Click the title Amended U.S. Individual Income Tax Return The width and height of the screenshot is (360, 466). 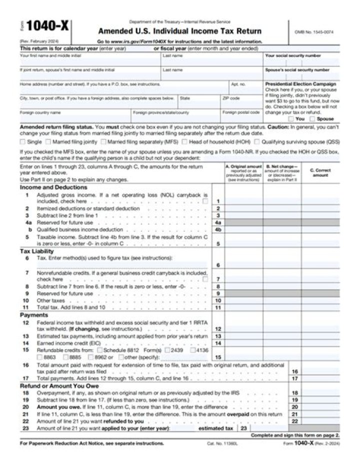tap(179, 31)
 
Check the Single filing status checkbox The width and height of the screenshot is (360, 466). tap(23, 142)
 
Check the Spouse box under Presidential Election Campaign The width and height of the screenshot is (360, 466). tap(312, 119)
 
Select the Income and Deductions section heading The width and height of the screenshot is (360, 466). tap(46, 187)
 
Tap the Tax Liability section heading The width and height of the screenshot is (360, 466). tap(36, 251)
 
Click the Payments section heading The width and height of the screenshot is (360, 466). tap(33, 315)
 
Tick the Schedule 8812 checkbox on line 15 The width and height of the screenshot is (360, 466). tap(99, 350)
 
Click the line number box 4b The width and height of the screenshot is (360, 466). tap(218, 229)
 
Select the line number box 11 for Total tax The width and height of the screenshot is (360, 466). tap(218, 308)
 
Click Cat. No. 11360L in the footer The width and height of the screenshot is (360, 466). tap(220, 444)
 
